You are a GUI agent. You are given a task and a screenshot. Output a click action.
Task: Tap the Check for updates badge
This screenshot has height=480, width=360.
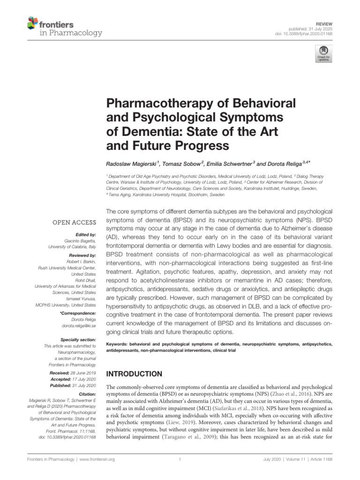(x=323, y=54)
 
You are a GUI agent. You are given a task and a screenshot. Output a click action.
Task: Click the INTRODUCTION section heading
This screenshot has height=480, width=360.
(x=135, y=374)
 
